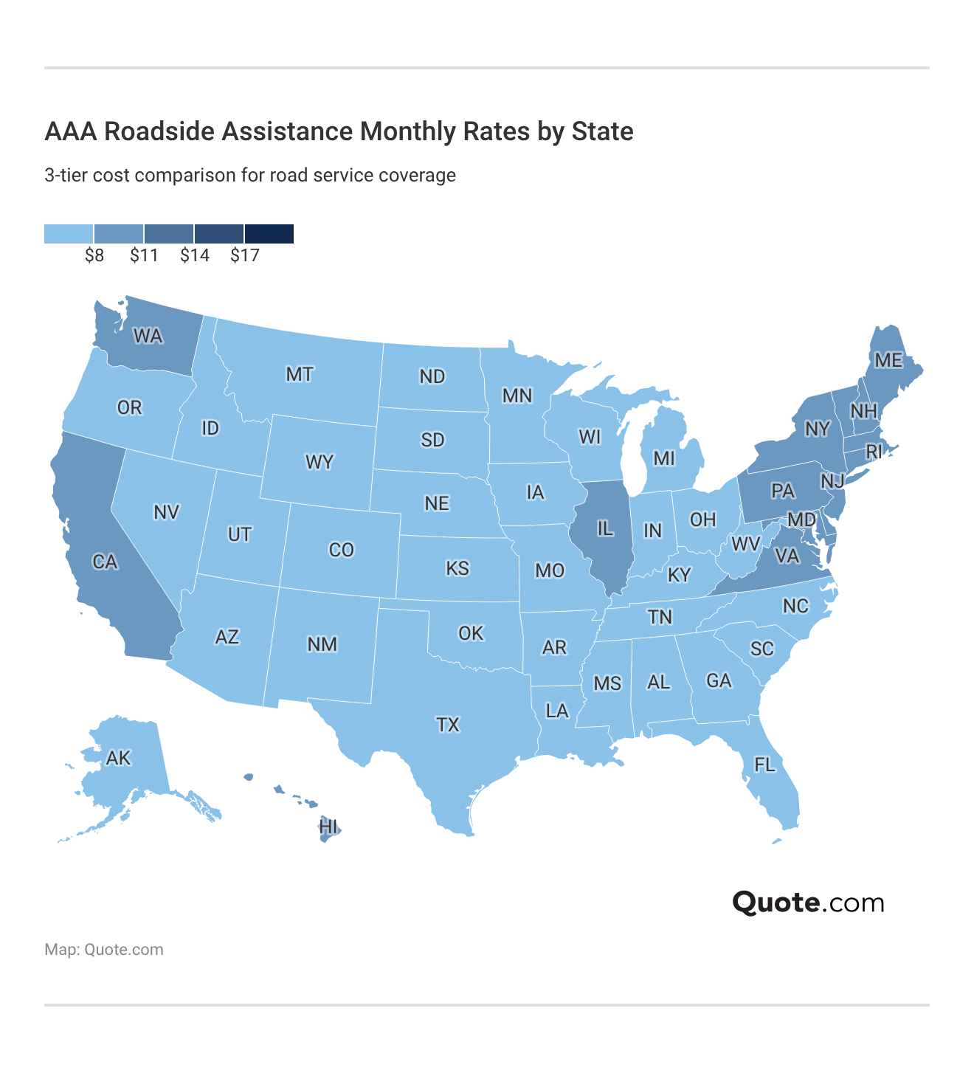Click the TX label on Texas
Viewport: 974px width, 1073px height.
448,725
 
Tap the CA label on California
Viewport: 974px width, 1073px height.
105,562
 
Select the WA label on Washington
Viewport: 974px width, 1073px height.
148,337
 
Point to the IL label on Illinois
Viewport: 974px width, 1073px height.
604,528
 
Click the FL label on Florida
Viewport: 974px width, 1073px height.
764,765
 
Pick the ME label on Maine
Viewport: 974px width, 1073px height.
888,360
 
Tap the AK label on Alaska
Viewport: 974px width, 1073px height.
118,758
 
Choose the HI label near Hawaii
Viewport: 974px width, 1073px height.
329,827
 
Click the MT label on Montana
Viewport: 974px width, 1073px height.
300,374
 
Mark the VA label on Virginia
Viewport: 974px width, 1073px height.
787,556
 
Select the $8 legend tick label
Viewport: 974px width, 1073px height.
94,256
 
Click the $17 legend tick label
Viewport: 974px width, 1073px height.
245,256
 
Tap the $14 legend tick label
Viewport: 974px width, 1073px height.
195,256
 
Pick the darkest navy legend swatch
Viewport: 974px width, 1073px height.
269,234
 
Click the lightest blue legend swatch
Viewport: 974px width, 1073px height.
69,234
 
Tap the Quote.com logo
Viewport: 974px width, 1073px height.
808,903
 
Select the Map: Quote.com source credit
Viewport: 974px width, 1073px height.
104,950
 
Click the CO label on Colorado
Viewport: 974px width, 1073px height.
342,550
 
